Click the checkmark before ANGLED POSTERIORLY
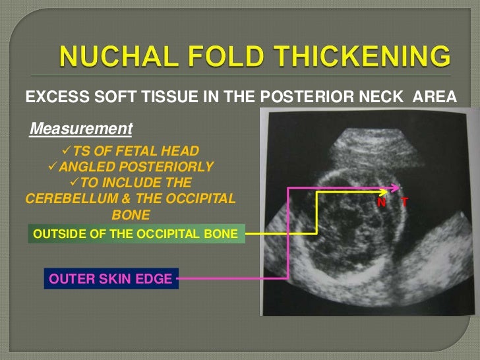(55, 165)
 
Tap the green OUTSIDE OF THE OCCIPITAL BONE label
(136, 233)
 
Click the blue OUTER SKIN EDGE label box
(110, 279)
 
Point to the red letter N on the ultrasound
(381, 203)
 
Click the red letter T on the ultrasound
(404, 203)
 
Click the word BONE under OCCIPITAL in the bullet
(131, 215)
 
